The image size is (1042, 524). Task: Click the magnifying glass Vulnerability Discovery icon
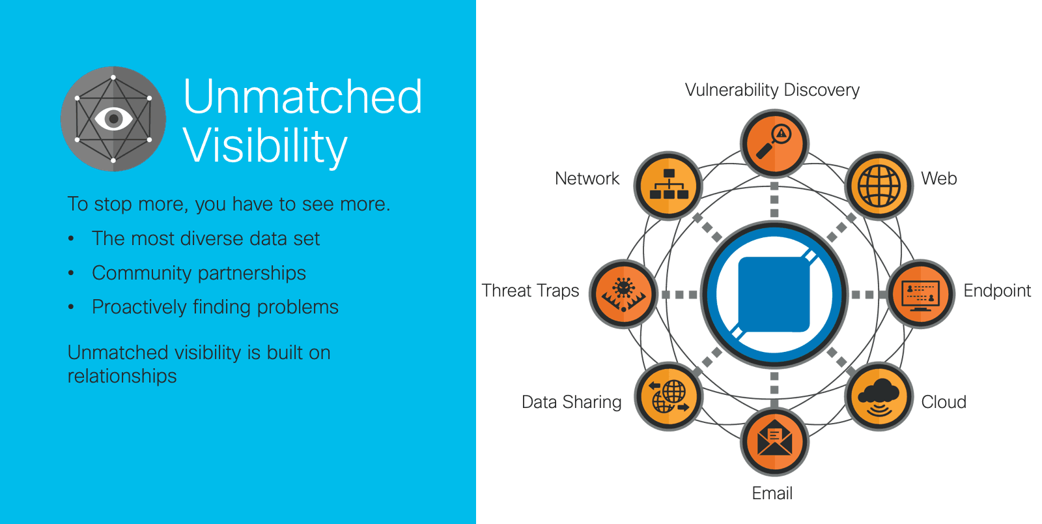click(x=774, y=143)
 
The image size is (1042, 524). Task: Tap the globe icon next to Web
click(x=879, y=186)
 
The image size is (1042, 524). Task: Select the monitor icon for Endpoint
click(x=921, y=294)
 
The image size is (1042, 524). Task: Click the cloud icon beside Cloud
click(x=879, y=396)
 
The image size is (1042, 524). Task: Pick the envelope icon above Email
click(x=774, y=441)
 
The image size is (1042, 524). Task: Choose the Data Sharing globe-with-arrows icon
click(x=668, y=396)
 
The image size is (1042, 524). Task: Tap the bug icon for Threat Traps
click(x=623, y=294)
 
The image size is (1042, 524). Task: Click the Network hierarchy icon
click(x=668, y=186)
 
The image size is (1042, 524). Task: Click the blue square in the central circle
click(x=774, y=295)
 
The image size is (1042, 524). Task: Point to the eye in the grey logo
click(x=113, y=119)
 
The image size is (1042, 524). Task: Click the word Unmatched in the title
click(x=303, y=96)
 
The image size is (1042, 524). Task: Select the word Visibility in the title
click(x=265, y=146)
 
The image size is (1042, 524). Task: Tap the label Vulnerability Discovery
click(x=772, y=90)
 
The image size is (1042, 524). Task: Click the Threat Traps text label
click(x=530, y=291)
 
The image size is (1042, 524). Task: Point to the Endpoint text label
click(x=997, y=291)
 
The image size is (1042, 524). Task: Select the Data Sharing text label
click(x=571, y=402)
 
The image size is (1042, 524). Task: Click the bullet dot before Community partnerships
click(x=71, y=273)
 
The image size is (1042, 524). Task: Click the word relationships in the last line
click(x=122, y=376)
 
